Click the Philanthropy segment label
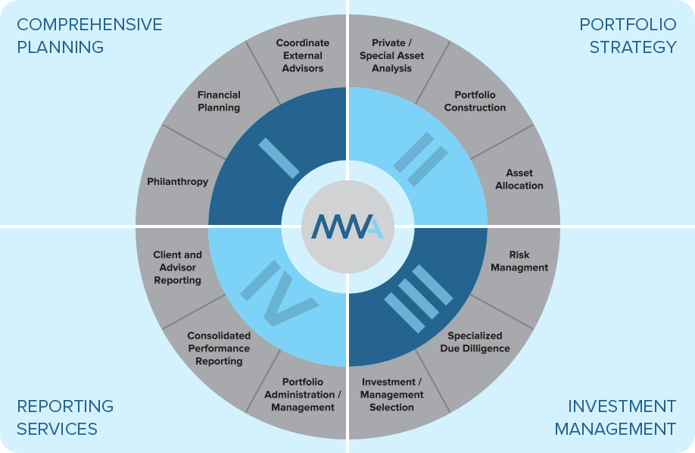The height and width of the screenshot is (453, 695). pyautogui.click(x=178, y=182)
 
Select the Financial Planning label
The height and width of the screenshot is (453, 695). pyautogui.click(x=219, y=102)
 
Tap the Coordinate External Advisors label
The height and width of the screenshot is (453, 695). pyautogui.click(x=300, y=56)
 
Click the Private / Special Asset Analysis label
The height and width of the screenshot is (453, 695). pyautogui.click(x=392, y=56)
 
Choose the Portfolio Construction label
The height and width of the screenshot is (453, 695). pyautogui.click(x=475, y=102)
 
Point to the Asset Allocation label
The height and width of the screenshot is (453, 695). pyautogui.click(x=519, y=180)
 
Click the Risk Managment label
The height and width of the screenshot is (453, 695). pyautogui.click(x=519, y=261)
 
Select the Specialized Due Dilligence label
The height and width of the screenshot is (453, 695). pyautogui.click(x=475, y=342)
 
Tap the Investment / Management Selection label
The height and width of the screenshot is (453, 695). pyautogui.click(x=392, y=395)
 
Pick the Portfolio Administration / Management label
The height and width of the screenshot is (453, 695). pyautogui.click(x=303, y=395)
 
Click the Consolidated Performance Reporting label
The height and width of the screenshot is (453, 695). pyautogui.click(x=219, y=348)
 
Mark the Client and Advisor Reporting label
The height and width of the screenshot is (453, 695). pyautogui.click(x=178, y=267)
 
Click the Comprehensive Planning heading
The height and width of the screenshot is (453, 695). pyautogui.click(x=89, y=36)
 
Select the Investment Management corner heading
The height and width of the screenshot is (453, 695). pyautogui.click(x=615, y=418)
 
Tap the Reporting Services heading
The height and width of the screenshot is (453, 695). pyautogui.click(x=65, y=417)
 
